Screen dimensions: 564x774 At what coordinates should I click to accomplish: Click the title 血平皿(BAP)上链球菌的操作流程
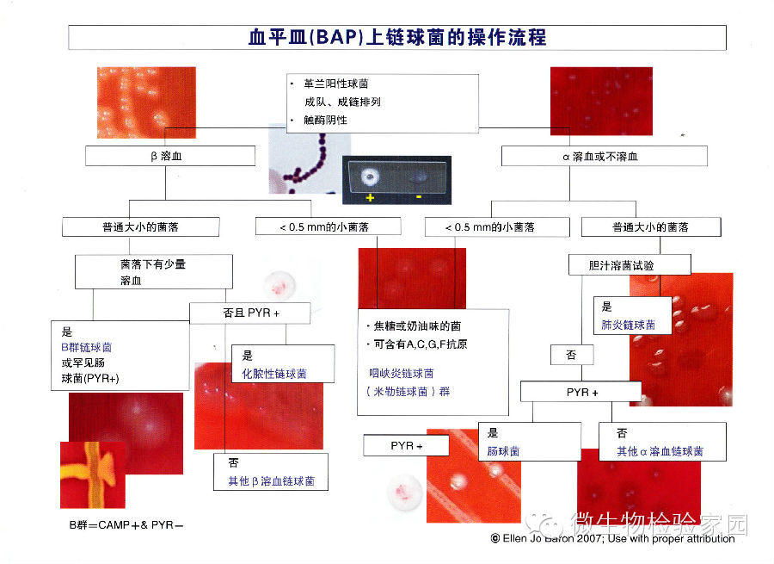click(396, 38)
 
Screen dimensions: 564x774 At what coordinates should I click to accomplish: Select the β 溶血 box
click(170, 156)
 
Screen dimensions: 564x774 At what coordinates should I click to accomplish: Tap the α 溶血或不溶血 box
click(605, 156)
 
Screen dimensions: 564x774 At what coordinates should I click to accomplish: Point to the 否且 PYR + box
click(251, 313)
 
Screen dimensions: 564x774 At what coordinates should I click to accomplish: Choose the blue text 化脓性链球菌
click(274, 374)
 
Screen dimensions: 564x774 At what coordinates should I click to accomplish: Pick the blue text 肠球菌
click(504, 451)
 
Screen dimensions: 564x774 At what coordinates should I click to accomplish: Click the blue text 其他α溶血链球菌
click(660, 451)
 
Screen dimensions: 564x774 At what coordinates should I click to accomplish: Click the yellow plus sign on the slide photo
click(370, 197)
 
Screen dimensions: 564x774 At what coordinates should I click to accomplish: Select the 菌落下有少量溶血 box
click(153, 272)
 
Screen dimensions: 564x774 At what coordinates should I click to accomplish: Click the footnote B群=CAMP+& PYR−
click(126, 524)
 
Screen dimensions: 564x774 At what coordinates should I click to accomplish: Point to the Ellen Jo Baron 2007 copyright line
click(612, 539)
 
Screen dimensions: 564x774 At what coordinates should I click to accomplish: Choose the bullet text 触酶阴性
click(319, 121)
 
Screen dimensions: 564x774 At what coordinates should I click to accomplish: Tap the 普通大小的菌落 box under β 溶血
click(140, 227)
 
